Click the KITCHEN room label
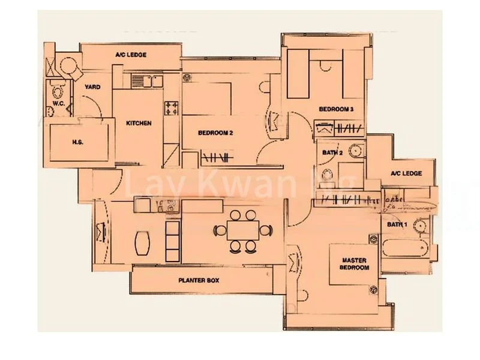click(139, 124)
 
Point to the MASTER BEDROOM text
click(355, 265)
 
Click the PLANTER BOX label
click(199, 280)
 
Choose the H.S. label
click(77, 142)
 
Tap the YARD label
click(92, 87)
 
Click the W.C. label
click(58, 104)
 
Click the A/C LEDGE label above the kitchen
click(131, 55)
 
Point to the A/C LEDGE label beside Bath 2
click(406, 173)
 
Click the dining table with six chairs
click(243, 230)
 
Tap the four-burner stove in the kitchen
click(172, 108)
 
